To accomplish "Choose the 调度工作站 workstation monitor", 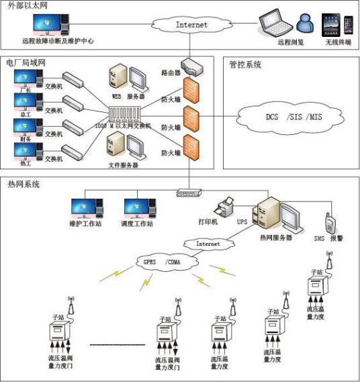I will [139, 205].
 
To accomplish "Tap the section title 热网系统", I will [24, 183].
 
